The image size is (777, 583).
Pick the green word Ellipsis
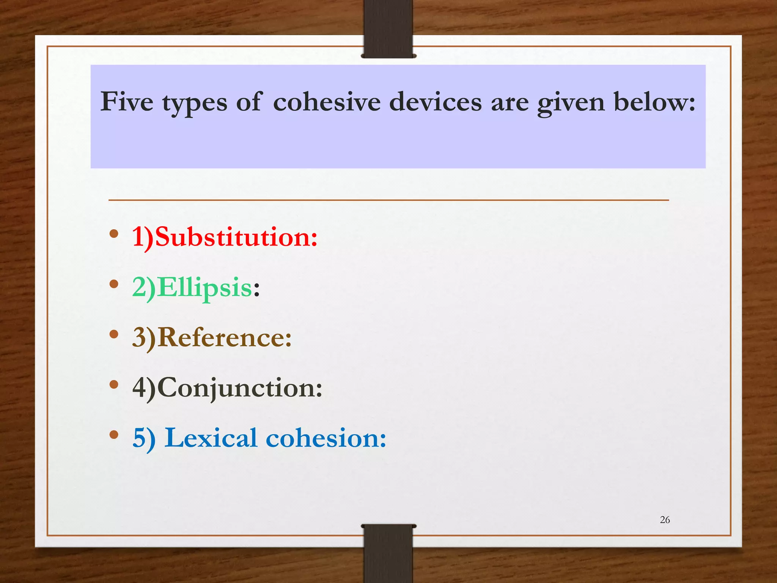204,288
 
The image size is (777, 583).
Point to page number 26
665,520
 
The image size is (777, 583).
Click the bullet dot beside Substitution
114,234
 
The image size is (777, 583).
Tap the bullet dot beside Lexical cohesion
114,435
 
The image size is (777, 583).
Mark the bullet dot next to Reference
114,334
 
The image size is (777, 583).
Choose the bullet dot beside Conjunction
114,384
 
